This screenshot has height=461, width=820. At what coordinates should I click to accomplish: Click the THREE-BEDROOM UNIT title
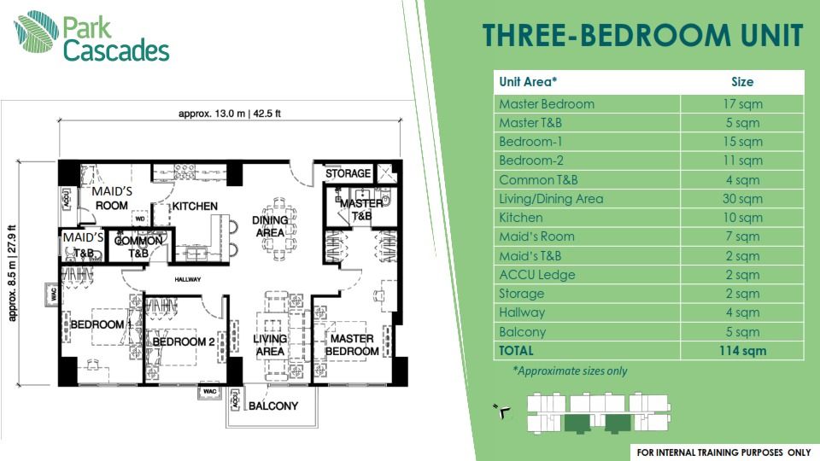pyautogui.click(x=642, y=37)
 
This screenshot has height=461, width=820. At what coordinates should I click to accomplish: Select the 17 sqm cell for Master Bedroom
pyautogui.click(x=741, y=104)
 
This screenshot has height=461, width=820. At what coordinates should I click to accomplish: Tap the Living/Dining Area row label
pyautogui.click(x=551, y=199)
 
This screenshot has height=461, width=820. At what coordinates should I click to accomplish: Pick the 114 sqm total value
pyautogui.click(x=741, y=351)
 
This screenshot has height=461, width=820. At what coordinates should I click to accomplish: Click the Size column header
pyautogui.click(x=741, y=82)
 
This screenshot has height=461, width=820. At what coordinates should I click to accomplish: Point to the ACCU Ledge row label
pyautogui.click(x=536, y=275)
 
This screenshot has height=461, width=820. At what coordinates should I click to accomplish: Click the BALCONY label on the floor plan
pyautogui.click(x=273, y=406)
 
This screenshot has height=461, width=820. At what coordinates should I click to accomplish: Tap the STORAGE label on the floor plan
pyautogui.click(x=348, y=174)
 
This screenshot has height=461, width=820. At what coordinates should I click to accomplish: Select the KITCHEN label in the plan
pyautogui.click(x=195, y=207)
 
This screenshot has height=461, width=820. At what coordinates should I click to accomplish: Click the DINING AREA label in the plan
pyautogui.click(x=269, y=226)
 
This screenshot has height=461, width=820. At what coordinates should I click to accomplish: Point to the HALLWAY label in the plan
pyautogui.click(x=188, y=279)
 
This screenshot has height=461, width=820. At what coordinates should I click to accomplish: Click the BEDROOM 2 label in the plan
pyautogui.click(x=183, y=342)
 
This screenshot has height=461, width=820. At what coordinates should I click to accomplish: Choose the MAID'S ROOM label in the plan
pyautogui.click(x=111, y=199)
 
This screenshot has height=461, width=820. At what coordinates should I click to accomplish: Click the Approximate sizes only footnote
pyautogui.click(x=569, y=371)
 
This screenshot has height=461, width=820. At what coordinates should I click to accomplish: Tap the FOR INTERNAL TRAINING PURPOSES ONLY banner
pyautogui.click(x=723, y=451)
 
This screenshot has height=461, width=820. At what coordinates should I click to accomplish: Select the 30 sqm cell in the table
pyautogui.click(x=741, y=199)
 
